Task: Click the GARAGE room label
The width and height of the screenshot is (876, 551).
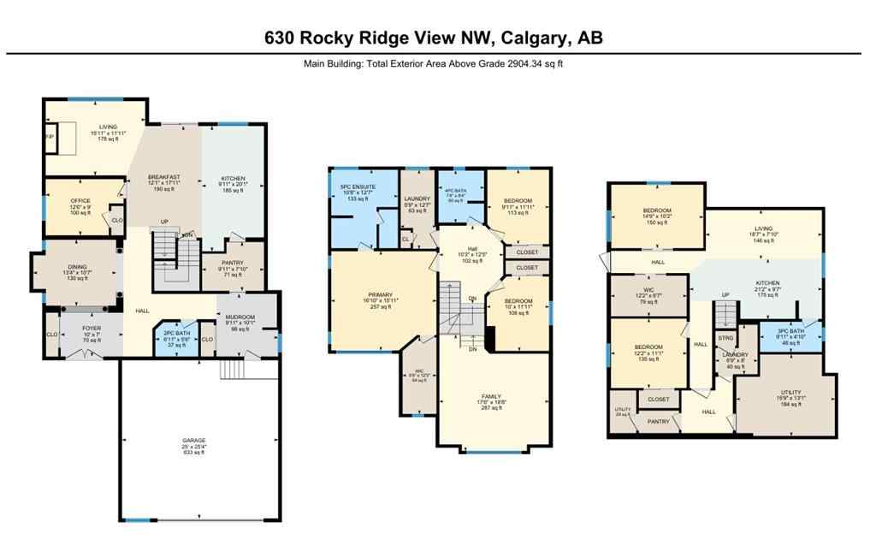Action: (x=200, y=442)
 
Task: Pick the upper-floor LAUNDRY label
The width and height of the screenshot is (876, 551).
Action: (x=417, y=202)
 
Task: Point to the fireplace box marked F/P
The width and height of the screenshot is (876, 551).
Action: (x=49, y=137)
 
